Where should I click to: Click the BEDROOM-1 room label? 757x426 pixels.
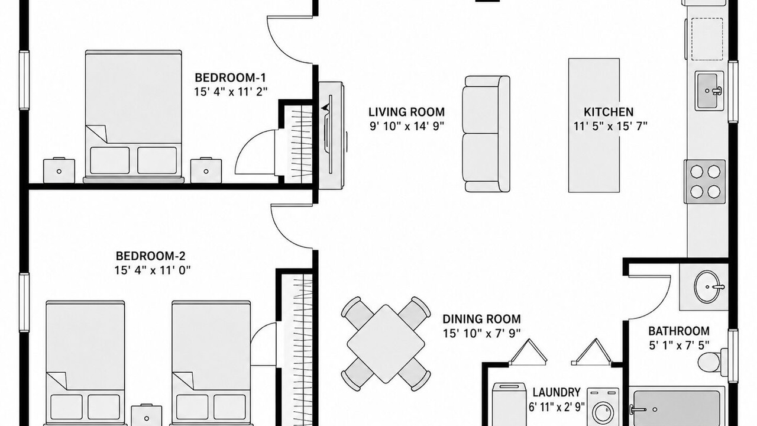(231, 78)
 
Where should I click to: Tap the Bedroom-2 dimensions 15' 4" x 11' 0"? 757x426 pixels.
(153, 270)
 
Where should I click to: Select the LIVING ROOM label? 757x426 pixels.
(406, 112)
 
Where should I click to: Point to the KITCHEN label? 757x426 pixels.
(609, 112)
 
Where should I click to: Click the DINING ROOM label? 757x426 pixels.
(481, 319)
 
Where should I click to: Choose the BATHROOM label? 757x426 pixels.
(678, 331)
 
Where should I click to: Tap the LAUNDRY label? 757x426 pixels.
(557, 392)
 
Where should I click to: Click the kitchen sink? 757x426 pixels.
(709, 91)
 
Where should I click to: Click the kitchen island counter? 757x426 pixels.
(594, 125)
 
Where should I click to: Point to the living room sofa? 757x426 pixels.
(487, 134)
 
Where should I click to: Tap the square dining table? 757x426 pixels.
(386, 344)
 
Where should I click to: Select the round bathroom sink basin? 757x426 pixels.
(707, 287)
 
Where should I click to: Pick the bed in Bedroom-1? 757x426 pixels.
(134, 114)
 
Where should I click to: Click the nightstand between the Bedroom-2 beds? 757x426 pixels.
(146, 415)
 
